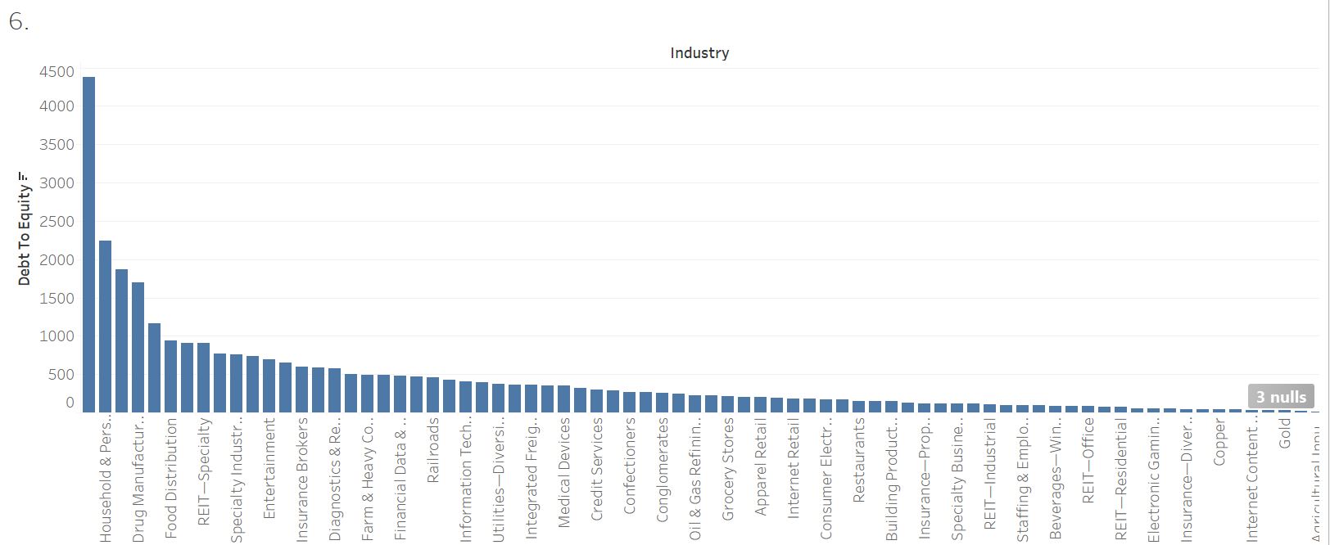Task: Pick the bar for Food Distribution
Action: pos(170,376)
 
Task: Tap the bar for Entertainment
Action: pos(269,385)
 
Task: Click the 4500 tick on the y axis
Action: pos(57,72)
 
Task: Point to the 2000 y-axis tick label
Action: pos(57,259)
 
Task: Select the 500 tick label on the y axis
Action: pos(61,374)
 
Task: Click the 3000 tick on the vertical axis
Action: pos(57,182)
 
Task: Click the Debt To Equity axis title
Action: pos(24,229)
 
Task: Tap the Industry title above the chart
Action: pos(699,53)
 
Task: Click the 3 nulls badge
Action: pos(1281,397)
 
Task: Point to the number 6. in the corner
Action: pos(19,22)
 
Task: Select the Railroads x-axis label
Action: pos(433,449)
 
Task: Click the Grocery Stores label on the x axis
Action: pos(728,469)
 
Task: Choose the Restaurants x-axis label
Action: pos(859,460)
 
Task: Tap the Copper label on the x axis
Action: pos(1219,443)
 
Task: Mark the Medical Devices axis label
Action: pos(564,472)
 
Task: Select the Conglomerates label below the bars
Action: pos(663,470)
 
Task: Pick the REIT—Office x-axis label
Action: pos(1088,460)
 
